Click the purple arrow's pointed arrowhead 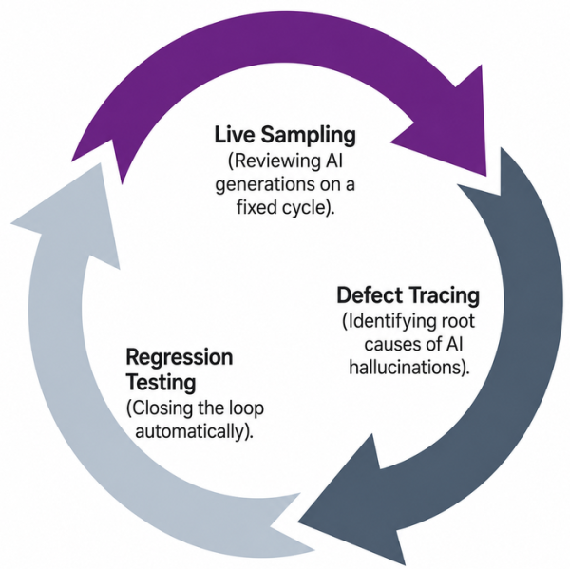pyautogui.click(x=454, y=127)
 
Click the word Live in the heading pyautogui.click(x=235, y=134)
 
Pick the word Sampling pyautogui.click(x=308, y=135)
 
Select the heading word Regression pyautogui.click(x=180, y=358)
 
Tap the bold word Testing pyautogui.click(x=161, y=383)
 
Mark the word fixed pyautogui.click(x=254, y=207)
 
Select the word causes pyautogui.click(x=389, y=344)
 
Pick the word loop pyautogui.click(x=246, y=408)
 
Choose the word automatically pyautogui.click(x=189, y=432)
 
